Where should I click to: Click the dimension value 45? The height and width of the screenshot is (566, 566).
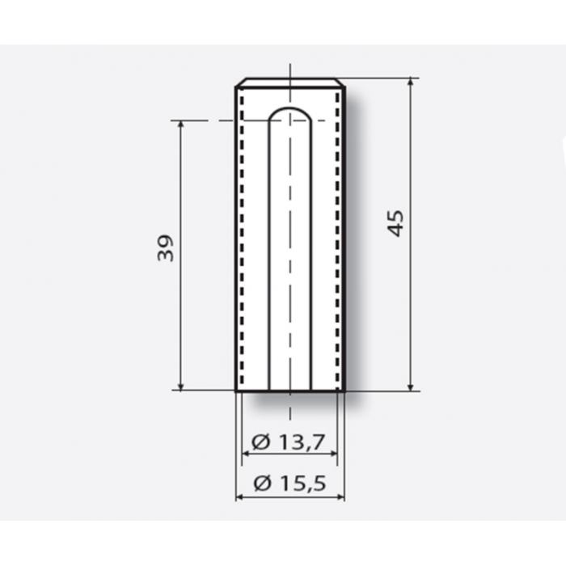click(396, 223)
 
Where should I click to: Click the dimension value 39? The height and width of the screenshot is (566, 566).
click(166, 248)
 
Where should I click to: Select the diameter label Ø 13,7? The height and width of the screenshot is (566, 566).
click(289, 441)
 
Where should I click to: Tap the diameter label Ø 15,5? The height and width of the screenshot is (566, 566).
click(289, 484)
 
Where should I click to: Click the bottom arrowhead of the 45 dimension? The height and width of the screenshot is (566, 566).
click(411, 386)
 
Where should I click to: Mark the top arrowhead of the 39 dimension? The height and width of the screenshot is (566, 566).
click(181, 125)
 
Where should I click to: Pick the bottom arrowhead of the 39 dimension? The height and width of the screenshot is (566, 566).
click(181, 386)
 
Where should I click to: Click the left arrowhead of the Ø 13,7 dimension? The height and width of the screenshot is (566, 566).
click(246, 454)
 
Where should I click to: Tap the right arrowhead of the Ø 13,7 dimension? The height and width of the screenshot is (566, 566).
click(333, 454)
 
